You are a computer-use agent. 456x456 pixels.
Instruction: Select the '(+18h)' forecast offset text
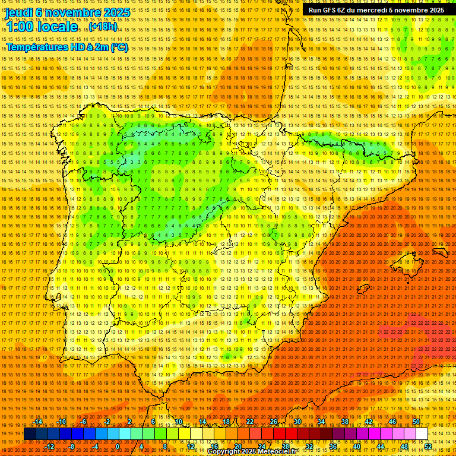[104, 27]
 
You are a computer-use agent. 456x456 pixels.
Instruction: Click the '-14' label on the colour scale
[38, 422]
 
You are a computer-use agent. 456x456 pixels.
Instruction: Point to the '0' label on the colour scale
[118, 446]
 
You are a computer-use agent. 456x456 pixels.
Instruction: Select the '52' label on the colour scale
[428, 446]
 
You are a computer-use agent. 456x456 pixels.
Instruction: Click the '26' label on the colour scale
[274, 422]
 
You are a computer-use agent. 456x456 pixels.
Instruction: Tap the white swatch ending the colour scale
[422, 434]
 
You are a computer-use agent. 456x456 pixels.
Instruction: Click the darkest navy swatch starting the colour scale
[30, 434]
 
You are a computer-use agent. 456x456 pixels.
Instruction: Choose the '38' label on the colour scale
[345, 422]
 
